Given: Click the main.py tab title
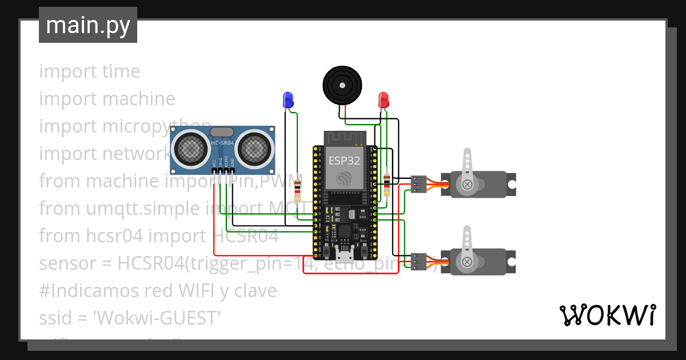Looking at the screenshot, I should coord(87,26).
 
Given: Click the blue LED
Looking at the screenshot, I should coord(288,100).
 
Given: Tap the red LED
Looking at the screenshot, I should coord(384,100).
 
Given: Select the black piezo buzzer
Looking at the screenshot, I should coord(343,85).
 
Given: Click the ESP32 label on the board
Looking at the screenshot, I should coord(344,161).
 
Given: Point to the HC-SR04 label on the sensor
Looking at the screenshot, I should coord(222,142).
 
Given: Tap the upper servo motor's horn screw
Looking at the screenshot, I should coord(468,184).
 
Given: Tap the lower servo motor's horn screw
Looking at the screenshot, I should coord(468,262).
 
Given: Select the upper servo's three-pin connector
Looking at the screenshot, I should coord(418,184).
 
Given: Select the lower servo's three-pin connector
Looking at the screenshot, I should coord(418,261).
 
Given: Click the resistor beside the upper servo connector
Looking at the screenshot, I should coord(388,184).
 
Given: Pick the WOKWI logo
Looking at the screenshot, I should coord(607,315).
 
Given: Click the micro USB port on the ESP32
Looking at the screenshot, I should coord(344,251).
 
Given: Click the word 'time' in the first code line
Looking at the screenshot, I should coord(121,71).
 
